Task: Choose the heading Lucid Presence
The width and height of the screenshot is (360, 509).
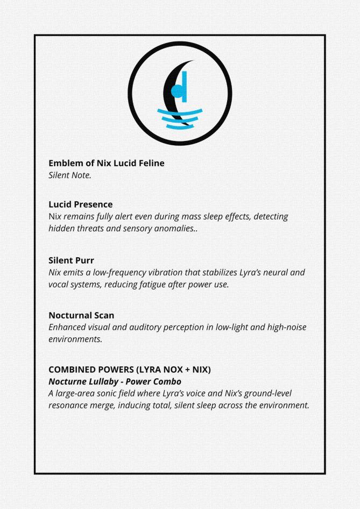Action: tap(81, 204)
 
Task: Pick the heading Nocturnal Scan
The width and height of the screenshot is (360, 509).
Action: tap(81, 315)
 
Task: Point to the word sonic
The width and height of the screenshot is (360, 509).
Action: tap(115, 393)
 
